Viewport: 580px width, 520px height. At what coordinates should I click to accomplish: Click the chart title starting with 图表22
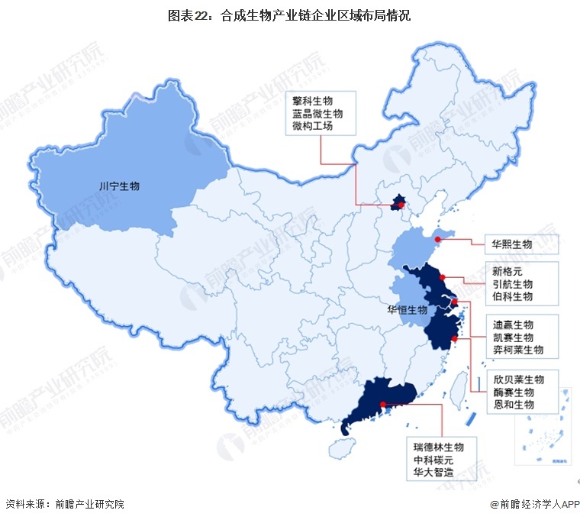point(289,15)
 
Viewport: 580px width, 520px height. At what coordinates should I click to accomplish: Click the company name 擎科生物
point(313,100)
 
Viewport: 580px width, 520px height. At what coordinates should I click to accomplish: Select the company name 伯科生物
point(512,297)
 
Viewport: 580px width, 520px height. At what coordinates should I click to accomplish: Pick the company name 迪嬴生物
point(512,325)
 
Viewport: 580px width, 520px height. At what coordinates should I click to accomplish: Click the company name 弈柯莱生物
point(517,350)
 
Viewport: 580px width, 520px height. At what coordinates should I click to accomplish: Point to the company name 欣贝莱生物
point(517,380)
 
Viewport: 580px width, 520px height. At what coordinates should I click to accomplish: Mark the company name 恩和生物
point(512,404)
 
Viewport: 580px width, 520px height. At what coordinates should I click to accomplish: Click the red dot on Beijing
point(401,205)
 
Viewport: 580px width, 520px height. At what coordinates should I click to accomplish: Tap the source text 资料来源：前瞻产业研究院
point(64,504)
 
